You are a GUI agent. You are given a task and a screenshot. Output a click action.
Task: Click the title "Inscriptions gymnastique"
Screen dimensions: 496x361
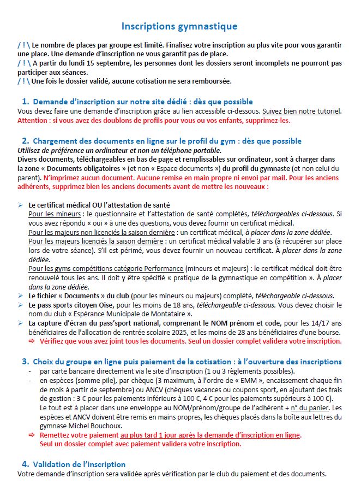click(179, 26)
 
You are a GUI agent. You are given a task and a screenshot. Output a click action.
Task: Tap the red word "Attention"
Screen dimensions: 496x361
click(34, 120)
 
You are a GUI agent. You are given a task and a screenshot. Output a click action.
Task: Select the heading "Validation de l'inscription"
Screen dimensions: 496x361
click(80, 464)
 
